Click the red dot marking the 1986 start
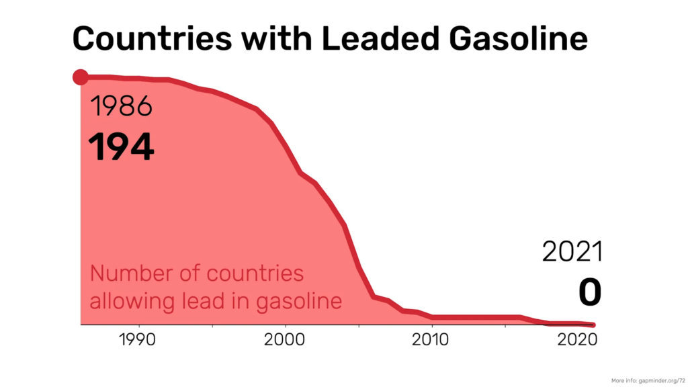tap(81, 77)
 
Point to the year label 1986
tap(121, 107)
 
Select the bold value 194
tap(122, 146)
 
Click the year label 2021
tap(572, 252)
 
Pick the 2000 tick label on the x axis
tap(286, 339)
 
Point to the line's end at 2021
tap(593, 325)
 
